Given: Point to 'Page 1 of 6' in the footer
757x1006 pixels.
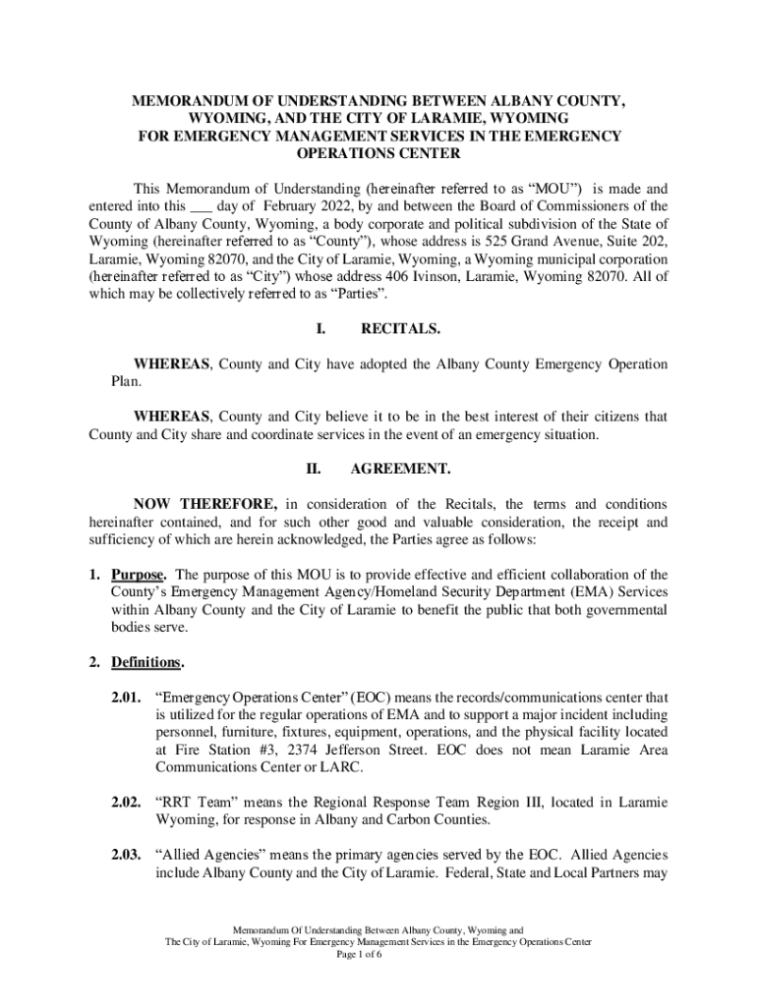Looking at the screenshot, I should pos(378,954).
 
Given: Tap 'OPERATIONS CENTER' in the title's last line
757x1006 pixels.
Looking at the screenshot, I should pos(378,154).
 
